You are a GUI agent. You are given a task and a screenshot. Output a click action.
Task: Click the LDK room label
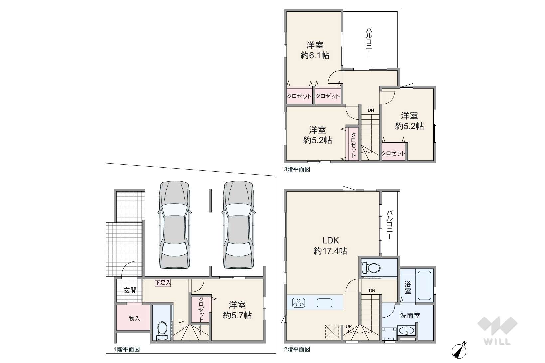[330, 240]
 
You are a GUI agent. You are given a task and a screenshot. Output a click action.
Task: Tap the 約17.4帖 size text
[330, 251]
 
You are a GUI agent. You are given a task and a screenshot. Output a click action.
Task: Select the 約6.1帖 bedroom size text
[315, 56]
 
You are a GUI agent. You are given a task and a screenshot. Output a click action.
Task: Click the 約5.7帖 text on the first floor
[237, 315]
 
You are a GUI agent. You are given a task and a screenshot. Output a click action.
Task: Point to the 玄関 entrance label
[130, 290]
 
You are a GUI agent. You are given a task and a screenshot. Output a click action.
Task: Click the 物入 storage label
[134, 318]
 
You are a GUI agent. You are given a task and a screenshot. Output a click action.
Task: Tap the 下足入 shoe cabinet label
[163, 283]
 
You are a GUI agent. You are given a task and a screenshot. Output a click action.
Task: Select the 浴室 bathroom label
[408, 287]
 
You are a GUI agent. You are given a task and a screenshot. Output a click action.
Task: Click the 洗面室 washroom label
[410, 316]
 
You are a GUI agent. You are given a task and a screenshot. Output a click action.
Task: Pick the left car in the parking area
[175, 225]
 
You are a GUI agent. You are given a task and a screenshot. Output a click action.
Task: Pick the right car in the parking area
[239, 225]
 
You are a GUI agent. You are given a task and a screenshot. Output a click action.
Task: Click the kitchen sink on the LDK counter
[324, 303]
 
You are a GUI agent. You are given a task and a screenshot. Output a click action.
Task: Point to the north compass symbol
[459, 351]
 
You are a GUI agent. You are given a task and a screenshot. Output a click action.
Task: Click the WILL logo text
[497, 342]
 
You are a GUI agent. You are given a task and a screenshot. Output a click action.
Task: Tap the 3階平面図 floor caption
[297, 169]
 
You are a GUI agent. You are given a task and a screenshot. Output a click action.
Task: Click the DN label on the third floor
[371, 110]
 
